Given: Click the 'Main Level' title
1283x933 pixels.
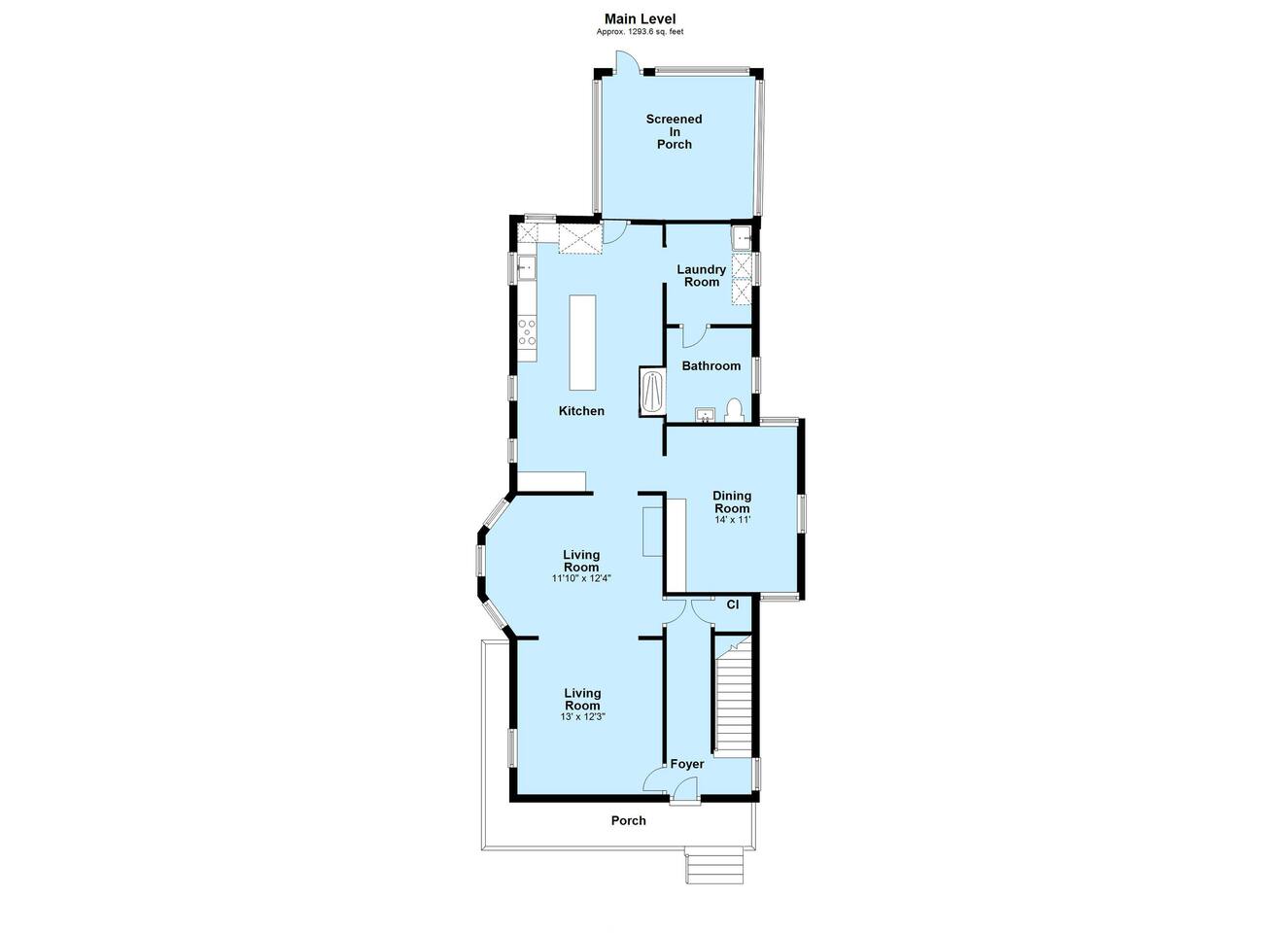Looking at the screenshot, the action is point(640,19).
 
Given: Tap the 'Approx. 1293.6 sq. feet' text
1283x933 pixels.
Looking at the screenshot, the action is point(640,32).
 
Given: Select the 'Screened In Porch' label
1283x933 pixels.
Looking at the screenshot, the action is point(675,132).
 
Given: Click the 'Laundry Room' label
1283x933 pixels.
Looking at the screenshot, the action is point(701,275).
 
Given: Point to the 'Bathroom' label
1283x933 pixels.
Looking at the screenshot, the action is point(711,366).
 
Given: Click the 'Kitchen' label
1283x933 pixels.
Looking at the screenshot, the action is point(581,411).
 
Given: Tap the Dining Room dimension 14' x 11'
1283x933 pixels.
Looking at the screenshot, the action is point(732,520).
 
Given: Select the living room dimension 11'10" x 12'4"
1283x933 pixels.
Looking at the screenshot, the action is point(581,578).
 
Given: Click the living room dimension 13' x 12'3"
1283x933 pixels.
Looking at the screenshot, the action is point(582,716).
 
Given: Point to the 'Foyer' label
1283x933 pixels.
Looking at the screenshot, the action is point(687,764).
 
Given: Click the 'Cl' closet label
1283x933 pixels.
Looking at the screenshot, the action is point(733,605).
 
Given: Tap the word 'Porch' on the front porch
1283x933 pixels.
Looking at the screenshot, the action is point(628,820).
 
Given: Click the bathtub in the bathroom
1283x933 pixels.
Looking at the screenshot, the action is point(652,391).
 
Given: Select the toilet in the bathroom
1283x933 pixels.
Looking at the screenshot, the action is point(733,411).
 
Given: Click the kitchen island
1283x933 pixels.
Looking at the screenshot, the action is point(582,342).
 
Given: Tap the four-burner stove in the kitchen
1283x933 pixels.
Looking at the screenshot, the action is point(126,332).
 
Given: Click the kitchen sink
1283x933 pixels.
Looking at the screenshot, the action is point(125,267).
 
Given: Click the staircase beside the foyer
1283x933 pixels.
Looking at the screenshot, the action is point(734,695).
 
